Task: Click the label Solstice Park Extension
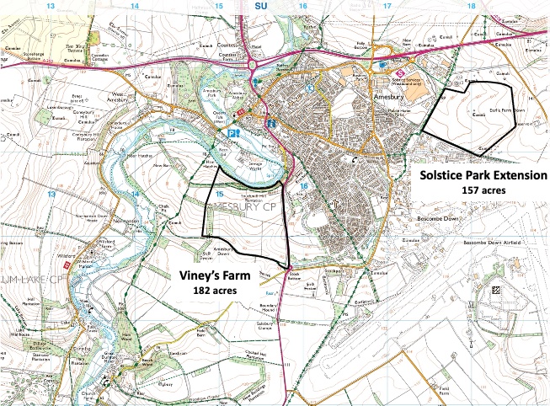tap(483, 175)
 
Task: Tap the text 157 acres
tap(483, 190)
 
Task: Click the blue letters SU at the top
tap(259, 5)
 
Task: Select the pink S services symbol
tap(394, 72)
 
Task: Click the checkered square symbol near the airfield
tap(494, 288)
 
